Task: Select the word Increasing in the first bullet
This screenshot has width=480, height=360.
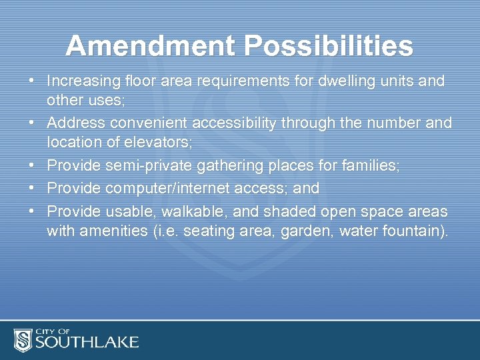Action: coord(83,81)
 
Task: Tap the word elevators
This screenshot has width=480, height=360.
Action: coord(159,142)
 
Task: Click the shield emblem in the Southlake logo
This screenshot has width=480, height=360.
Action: coord(23,340)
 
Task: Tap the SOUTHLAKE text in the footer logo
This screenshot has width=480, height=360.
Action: coord(86,343)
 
